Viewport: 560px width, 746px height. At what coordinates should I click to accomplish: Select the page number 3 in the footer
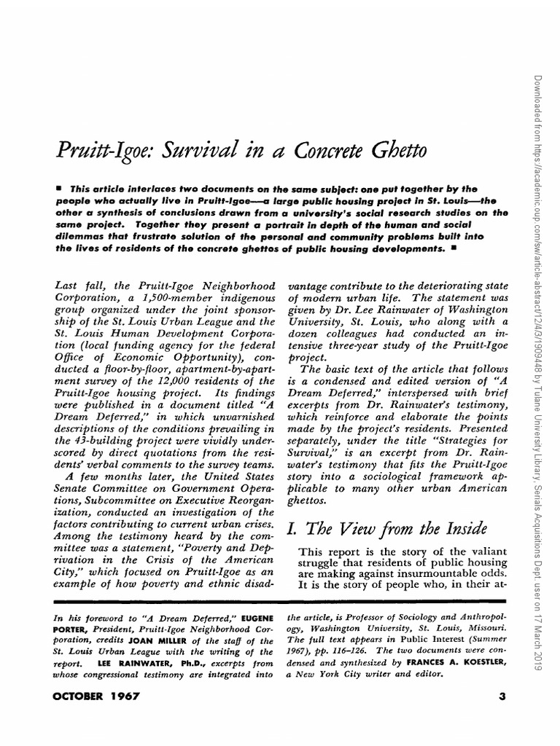click(502, 696)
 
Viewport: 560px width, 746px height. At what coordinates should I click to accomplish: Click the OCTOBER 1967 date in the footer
click(97, 696)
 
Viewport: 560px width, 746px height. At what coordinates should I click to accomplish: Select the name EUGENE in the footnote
click(258, 617)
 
